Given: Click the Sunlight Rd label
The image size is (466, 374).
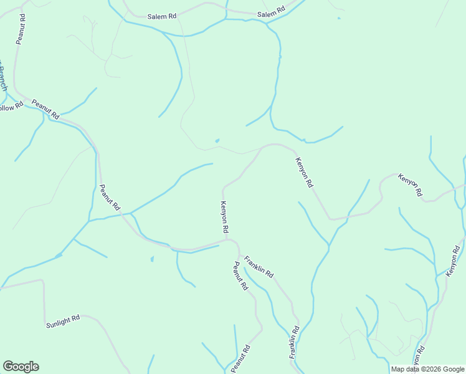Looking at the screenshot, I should pos(63,321).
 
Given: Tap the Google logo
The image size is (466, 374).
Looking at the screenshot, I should pos(21,367).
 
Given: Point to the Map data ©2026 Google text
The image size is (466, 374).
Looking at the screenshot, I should pos(427,369).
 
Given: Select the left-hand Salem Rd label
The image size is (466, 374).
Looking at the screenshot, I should pos(162,17).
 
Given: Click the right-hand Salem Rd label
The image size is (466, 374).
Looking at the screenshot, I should pos(271,12).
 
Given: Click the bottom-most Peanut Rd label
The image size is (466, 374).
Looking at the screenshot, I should pos(240,358).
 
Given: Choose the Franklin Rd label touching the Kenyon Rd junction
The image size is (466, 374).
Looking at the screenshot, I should pos(259,266).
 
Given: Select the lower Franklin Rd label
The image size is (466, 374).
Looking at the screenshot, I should pos(293,342).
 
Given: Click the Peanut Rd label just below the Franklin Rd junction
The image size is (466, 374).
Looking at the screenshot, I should pos(240,277).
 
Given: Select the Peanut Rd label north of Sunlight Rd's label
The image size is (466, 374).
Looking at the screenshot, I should pos(110,197).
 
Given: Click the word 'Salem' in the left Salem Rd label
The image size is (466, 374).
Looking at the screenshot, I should pos(156,17).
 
